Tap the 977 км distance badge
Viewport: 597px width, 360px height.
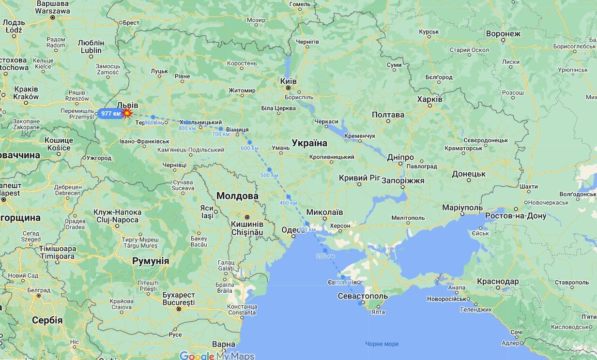coord(110,114)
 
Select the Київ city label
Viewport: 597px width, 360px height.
coord(289,81)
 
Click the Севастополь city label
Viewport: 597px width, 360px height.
coord(363,296)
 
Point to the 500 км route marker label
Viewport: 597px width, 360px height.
coord(269,175)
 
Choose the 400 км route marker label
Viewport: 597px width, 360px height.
coord(288,202)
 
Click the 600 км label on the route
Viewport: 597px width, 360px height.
coord(249,148)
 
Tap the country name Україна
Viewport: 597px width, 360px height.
coord(309,143)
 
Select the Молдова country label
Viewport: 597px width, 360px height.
coord(237,196)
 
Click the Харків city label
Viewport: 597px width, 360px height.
coord(429,99)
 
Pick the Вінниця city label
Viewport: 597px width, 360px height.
coord(237,130)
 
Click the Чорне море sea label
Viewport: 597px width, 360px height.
coord(382,344)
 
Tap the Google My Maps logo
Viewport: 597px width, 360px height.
coord(217,356)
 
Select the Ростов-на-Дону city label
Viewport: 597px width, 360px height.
coord(516,216)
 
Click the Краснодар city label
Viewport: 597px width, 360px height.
coord(498,282)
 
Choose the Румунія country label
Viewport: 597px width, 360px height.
coord(151,261)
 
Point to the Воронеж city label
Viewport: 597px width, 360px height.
coord(503,34)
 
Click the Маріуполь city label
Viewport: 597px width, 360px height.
coord(462,208)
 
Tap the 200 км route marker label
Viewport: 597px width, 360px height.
coord(325,256)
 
